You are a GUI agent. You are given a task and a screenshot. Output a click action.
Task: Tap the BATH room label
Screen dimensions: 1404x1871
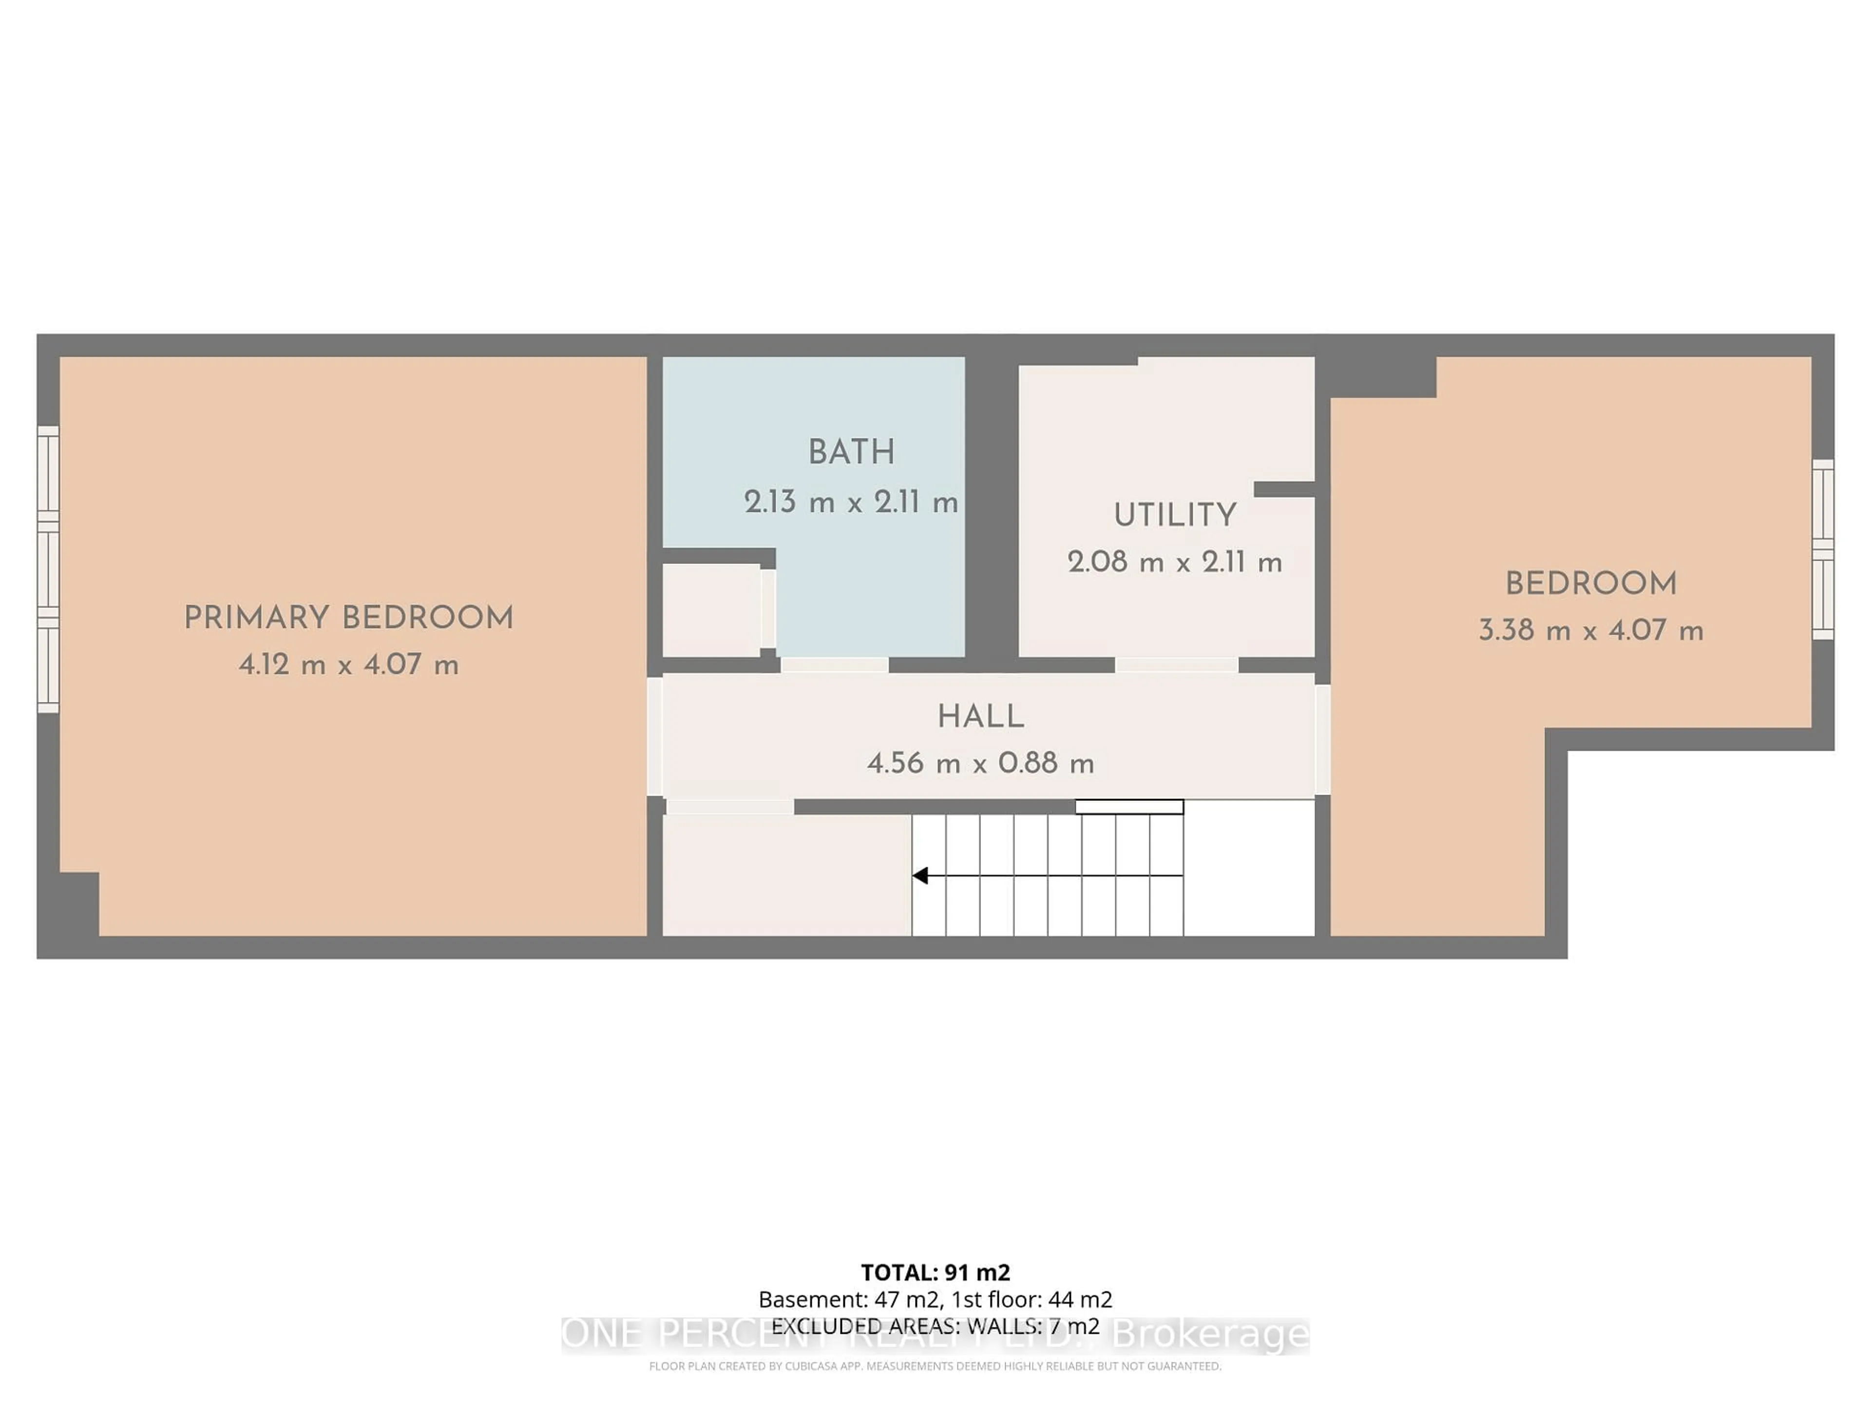click(851, 453)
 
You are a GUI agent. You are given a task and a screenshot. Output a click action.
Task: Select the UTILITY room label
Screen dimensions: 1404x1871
click(1175, 515)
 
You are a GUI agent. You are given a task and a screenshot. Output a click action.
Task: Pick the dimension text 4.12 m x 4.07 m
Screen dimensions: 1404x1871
click(348, 665)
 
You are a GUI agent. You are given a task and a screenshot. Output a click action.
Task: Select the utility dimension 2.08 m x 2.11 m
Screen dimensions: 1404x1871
click(1175, 563)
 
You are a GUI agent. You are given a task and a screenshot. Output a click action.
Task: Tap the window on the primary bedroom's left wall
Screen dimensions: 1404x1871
click(48, 569)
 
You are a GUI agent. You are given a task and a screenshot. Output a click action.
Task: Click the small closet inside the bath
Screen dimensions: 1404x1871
click(710, 609)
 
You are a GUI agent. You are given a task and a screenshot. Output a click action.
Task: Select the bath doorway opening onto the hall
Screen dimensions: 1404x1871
click(834, 665)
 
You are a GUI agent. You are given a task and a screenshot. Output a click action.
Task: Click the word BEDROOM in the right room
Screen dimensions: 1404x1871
click(1590, 584)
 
